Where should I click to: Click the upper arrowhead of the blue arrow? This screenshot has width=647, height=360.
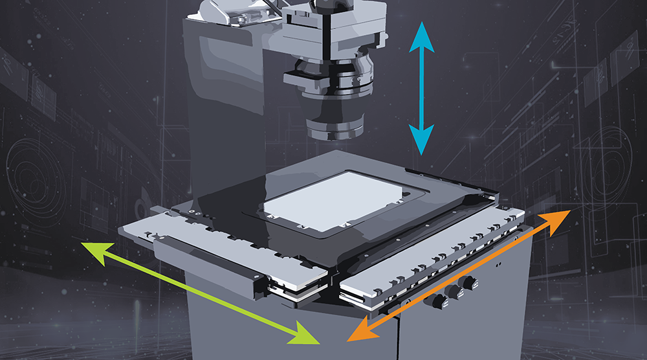point(422,33)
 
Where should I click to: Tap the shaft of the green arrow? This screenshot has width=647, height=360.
point(201,292)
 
